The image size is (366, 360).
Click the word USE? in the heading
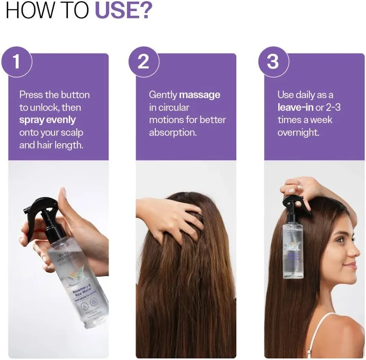coord(123,11)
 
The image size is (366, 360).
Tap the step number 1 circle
coord(16,62)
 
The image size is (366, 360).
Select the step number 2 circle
coord(144,62)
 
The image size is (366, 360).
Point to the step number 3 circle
coord(272,62)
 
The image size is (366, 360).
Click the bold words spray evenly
coord(48,120)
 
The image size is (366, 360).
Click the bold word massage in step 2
coord(200,95)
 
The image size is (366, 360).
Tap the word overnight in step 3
coord(298,133)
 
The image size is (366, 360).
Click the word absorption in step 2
coord(172,133)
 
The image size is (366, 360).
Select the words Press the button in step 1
coord(54,95)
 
